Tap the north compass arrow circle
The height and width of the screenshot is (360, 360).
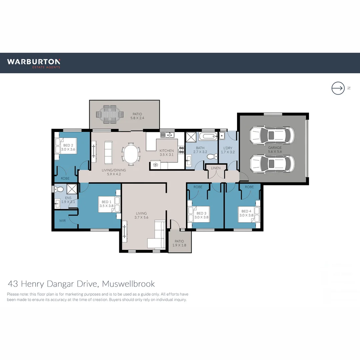pos(338,88)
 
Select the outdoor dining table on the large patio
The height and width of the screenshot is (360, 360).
pos(110,114)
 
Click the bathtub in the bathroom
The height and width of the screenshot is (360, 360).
pos(208,136)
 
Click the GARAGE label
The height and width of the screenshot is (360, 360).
pos(275,148)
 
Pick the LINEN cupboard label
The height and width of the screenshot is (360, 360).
pos(216,168)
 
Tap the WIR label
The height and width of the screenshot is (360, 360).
pos(62,221)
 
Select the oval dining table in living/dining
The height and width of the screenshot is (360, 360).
pos(131,154)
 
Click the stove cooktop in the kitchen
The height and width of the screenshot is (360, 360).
pos(181,150)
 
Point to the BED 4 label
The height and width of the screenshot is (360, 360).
pos(246,211)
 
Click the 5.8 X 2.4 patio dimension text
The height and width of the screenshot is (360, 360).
pos(137,118)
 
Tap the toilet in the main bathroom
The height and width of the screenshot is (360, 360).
pos(212,157)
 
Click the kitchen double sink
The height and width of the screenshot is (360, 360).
pos(167,135)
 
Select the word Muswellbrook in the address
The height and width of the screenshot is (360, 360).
pos(128,284)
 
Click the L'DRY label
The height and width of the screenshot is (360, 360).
pos(228,148)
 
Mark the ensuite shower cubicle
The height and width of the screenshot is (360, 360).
pos(72,189)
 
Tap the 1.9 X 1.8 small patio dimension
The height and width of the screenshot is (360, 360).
pos(179,245)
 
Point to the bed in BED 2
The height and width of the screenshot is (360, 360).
pos(66,146)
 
